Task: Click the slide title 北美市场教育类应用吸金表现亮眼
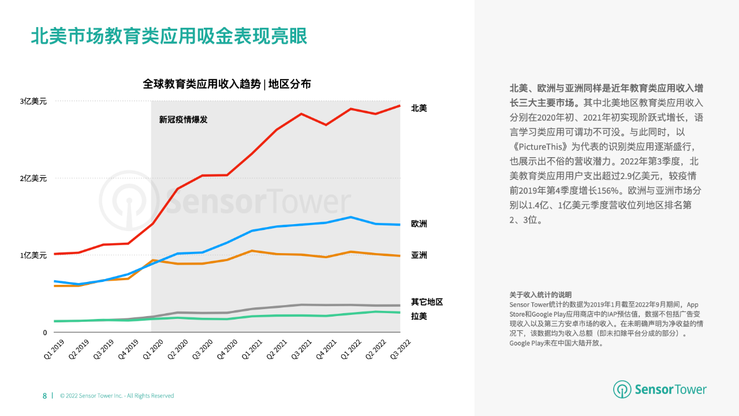pyautogui.click(x=169, y=36)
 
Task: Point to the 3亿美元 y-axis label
pyautogui.click(x=33, y=101)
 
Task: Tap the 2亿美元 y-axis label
pyautogui.click(x=33, y=178)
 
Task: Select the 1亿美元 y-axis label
pyautogui.click(x=33, y=255)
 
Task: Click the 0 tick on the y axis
pyautogui.click(x=44, y=332)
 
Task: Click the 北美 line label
pyautogui.click(x=419, y=108)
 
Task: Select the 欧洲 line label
pyautogui.click(x=419, y=224)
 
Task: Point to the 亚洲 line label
pyautogui.click(x=419, y=255)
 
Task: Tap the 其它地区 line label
pyautogui.click(x=427, y=302)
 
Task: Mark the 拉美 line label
pyautogui.click(x=419, y=316)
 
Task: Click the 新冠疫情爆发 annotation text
pyautogui.click(x=183, y=120)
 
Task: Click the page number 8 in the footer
pyautogui.click(x=44, y=396)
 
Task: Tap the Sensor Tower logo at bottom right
pyautogui.click(x=660, y=389)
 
